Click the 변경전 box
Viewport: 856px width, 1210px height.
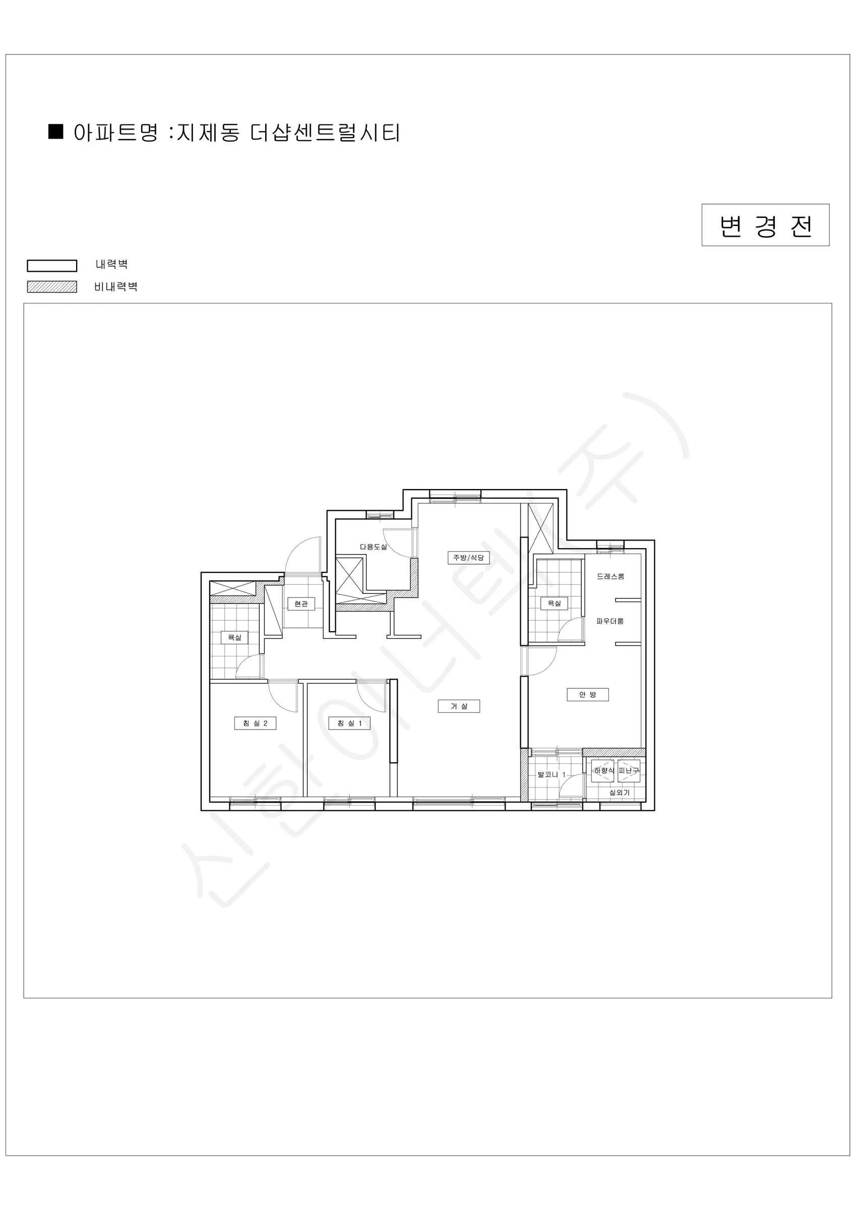(x=765, y=225)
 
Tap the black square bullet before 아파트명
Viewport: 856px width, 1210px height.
(x=56, y=132)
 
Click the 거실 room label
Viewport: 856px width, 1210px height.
(x=459, y=706)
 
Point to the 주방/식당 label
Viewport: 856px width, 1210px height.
(x=469, y=557)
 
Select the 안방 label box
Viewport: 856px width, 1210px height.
(x=588, y=695)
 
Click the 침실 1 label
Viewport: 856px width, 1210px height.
(x=349, y=723)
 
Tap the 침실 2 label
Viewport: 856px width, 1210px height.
(x=255, y=723)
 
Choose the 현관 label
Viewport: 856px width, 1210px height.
(x=301, y=603)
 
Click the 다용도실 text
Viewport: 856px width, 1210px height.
(x=374, y=547)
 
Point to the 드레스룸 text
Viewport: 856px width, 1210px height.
(x=610, y=577)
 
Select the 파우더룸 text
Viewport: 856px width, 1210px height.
(x=610, y=621)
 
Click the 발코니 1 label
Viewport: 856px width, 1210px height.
(x=552, y=775)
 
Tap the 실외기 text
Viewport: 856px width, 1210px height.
(x=620, y=793)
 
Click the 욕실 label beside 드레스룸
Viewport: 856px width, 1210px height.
(x=554, y=603)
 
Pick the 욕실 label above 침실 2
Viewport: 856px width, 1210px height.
(x=234, y=638)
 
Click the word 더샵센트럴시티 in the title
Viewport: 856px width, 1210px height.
(x=325, y=132)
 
